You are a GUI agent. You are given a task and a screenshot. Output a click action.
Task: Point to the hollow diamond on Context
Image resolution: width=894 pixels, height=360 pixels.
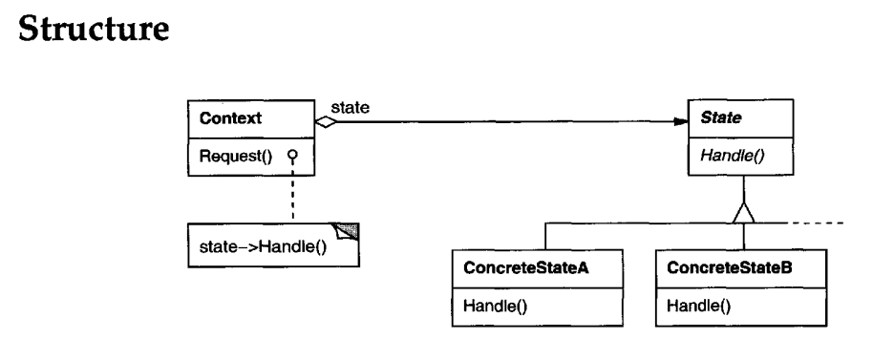click(328, 122)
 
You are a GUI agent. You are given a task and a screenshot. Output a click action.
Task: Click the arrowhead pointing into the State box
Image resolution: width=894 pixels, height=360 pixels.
click(680, 122)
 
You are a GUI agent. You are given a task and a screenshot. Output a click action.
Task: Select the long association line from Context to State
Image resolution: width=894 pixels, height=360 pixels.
click(506, 122)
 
